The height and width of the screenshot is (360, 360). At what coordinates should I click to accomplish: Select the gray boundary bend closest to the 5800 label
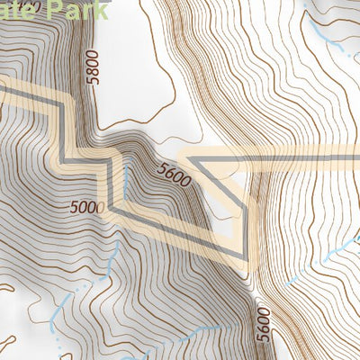(62, 105)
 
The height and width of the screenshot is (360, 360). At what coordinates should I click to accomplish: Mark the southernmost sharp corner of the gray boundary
(245, 259)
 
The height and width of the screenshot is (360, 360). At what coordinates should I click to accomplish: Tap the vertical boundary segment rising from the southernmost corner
(245, 225)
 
